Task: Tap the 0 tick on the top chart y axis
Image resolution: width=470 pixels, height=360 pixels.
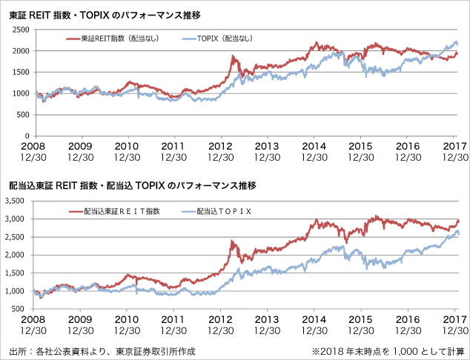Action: pos(28,136)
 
